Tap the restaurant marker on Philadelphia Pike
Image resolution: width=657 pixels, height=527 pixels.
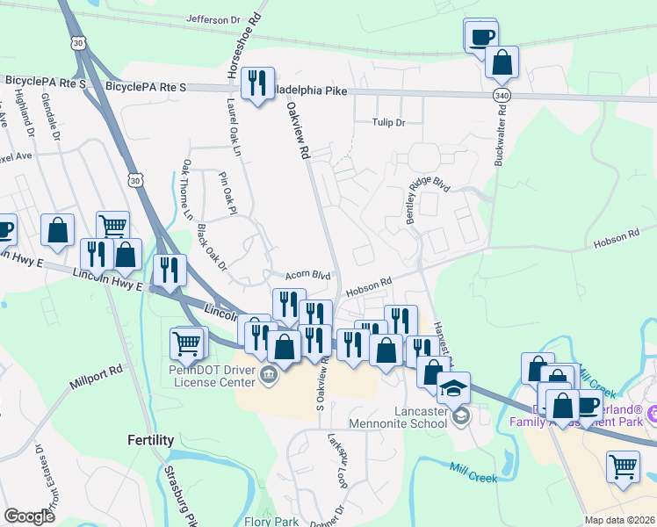[x=257, y=83]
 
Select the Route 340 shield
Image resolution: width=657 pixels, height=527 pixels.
[x=502, y=94]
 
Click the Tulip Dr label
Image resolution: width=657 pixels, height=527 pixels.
[x=388, y=123]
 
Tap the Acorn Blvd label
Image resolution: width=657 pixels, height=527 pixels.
[x=307, y=275]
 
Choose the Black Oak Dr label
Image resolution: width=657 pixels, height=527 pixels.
[x=212, y=248]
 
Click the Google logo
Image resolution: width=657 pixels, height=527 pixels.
[x=29, y=516]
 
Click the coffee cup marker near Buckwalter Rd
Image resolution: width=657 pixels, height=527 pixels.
[x=480, y=36]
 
